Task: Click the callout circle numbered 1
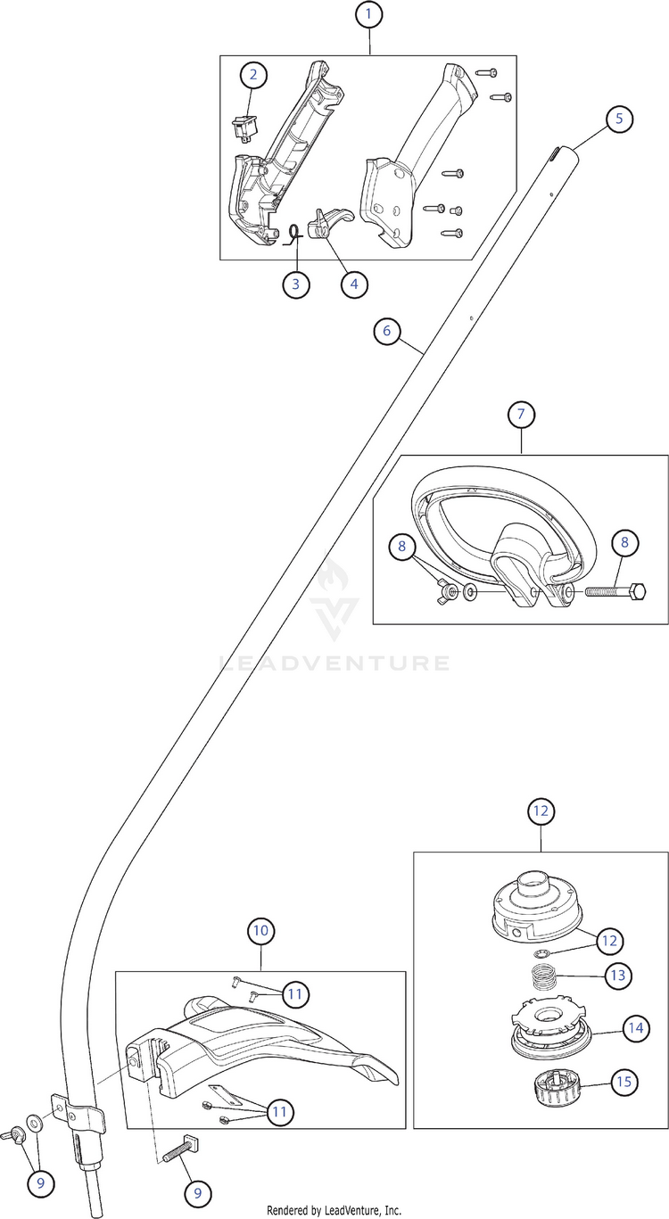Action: (368, 15)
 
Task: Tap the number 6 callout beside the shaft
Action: (386, 331)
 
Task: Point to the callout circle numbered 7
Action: (521, 414)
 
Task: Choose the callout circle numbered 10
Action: (260, 931)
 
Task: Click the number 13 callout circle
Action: (617, 976)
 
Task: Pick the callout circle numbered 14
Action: (635, 1028)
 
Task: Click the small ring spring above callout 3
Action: (290, 234)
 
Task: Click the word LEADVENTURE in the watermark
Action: (334, 663)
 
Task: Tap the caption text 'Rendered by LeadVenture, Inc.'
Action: (334, 1210)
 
